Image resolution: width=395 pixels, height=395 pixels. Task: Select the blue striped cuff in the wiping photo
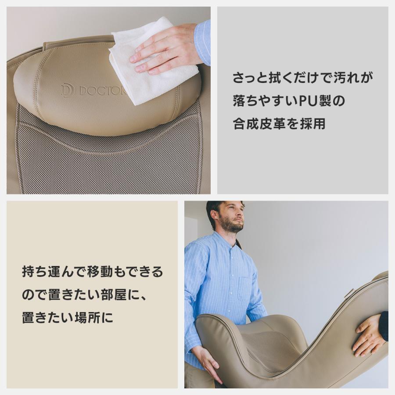tap(203, 41)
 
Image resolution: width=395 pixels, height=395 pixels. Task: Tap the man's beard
tap(231, 226)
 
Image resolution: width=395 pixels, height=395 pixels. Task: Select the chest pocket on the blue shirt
tap(244, 288)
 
